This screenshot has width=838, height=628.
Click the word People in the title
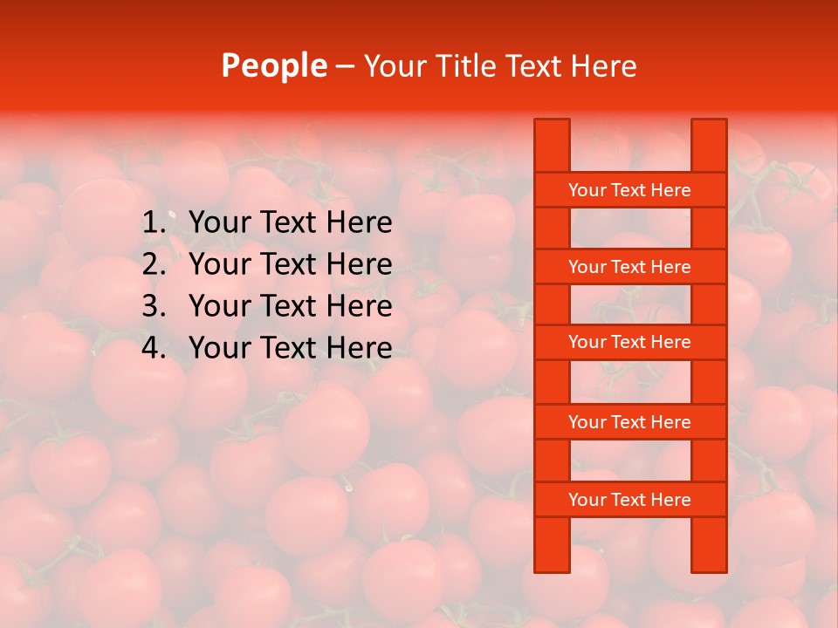point(274,66)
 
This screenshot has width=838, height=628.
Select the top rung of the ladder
point(629,190)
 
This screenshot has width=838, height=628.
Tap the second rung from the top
point(629,267)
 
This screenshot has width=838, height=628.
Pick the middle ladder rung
point(629,342)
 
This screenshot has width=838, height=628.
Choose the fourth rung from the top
point(629,422)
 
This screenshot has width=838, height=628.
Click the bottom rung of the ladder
point(629,500)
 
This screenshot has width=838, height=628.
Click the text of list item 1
point(290,223)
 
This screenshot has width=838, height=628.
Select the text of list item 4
point(290,348)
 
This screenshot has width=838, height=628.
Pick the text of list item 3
point(290,306)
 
